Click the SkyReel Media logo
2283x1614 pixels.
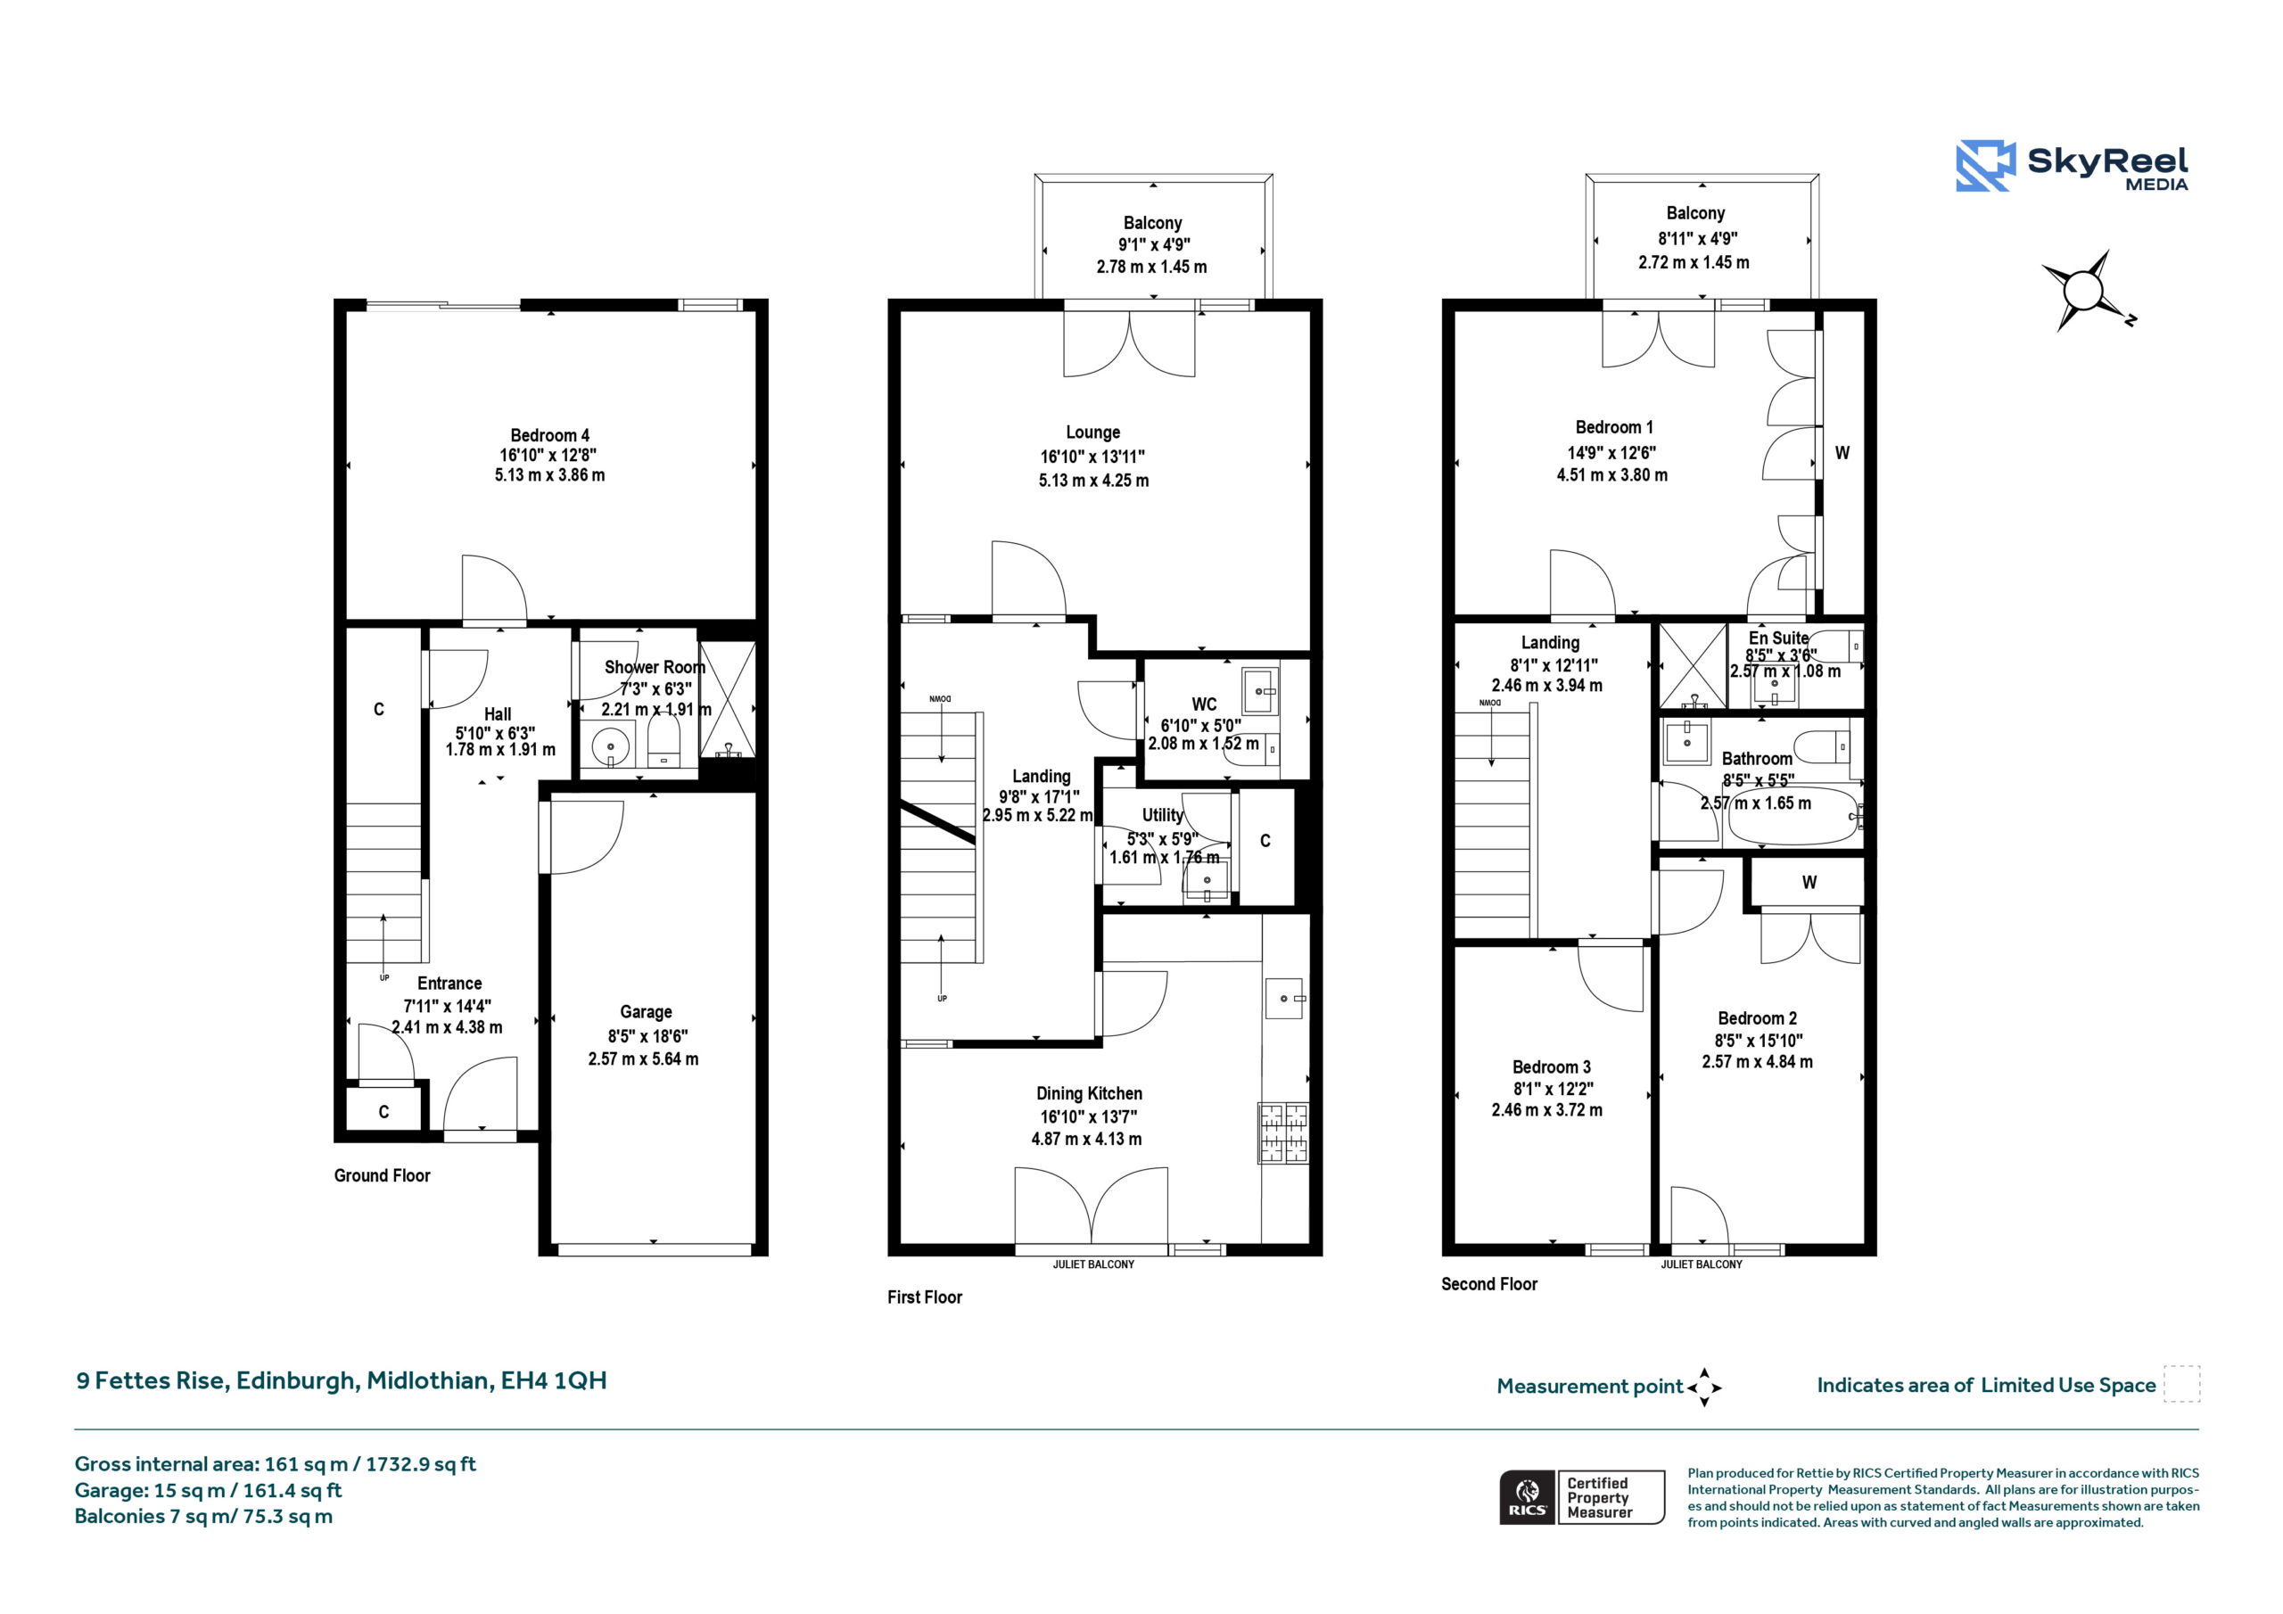click(x=2072, y=165)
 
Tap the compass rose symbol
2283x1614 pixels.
click(x=2085, y=291)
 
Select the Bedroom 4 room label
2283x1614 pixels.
click(x=550, y=435)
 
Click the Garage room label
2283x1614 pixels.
click(x=646, y=1011)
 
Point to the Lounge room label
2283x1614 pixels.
click(x=1092, y=432)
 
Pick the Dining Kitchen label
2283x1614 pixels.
click(x=1089, y=1093)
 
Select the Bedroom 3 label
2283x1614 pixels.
click(x=1551, y=1067)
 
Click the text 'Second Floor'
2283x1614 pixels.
click(x=1488, y=1284)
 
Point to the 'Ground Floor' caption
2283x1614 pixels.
click(x=382, y=1175)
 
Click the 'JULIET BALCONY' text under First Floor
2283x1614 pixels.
click(x=1092, y=1265)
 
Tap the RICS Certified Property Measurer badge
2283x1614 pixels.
click(x=1582, y=1496)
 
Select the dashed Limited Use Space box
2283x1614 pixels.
click(x=2181, y=1383)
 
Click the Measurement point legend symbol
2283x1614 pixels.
click(x=1704, y=1388)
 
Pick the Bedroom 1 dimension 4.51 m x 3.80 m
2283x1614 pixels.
click(x=1611, y=475)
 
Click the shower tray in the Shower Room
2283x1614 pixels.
click(x=728, y=700)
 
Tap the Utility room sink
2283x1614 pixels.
click(x=1206, y=880)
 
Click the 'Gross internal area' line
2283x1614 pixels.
click(x=276, y=1464)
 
